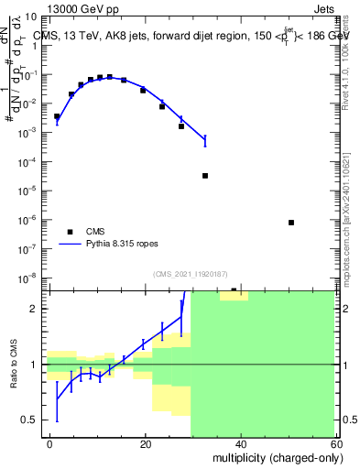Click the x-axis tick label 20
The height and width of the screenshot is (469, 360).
click(x=146, y=444)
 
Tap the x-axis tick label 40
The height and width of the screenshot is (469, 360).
click(x=241, y=444)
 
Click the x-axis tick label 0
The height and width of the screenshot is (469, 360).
click(x=50, y=444)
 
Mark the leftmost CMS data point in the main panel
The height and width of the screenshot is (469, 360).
click(x=57, y=116)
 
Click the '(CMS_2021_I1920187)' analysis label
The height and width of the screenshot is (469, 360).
click(x=190, y=273)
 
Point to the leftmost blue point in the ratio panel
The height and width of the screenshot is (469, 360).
click(x=57, y=398)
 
